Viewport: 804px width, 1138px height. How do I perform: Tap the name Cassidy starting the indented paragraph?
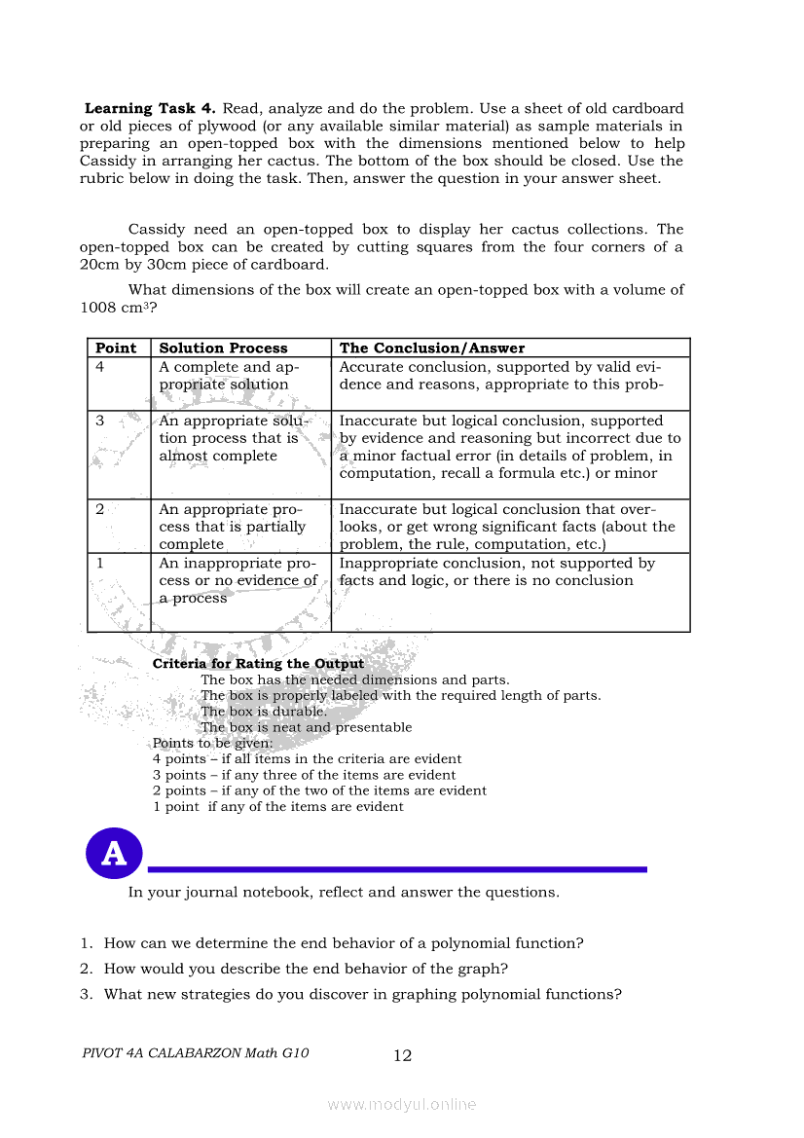[157, 230]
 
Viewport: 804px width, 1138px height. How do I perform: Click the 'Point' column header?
[116, 348]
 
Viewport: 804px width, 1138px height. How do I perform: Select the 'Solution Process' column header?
[223, 348]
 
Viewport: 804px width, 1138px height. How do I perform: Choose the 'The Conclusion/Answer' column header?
[431, 348]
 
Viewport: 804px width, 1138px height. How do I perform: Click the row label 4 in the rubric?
[100, 367]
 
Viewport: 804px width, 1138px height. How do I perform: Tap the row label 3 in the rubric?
[100, 422]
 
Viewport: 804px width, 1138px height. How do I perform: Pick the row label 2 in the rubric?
[100, 509]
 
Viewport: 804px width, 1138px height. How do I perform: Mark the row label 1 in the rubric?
[100, 564]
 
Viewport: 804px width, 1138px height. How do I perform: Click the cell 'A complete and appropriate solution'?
[229, 376]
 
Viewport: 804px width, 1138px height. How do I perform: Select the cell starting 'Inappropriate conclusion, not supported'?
[496, 571]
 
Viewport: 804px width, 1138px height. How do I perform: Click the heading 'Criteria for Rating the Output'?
[258, 664]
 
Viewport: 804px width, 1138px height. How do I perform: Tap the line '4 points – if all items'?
[307, 758]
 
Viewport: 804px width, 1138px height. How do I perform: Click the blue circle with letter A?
[114, 854]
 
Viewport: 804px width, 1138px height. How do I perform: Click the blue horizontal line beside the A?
[395, 869]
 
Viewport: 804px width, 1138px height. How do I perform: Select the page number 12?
[403, 1055]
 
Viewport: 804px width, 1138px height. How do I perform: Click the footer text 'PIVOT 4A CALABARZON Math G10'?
[196, 1053]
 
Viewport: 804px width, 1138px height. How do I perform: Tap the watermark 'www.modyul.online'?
[402, 1104]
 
